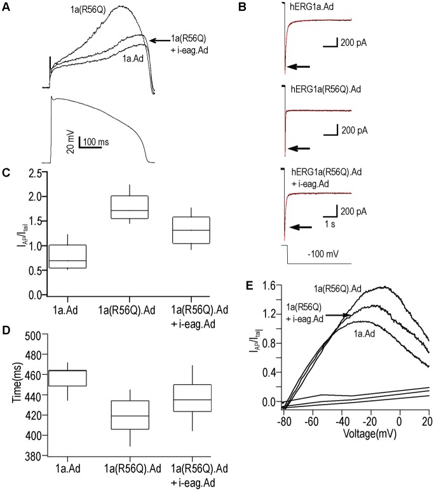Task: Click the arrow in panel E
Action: pos(341,314)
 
